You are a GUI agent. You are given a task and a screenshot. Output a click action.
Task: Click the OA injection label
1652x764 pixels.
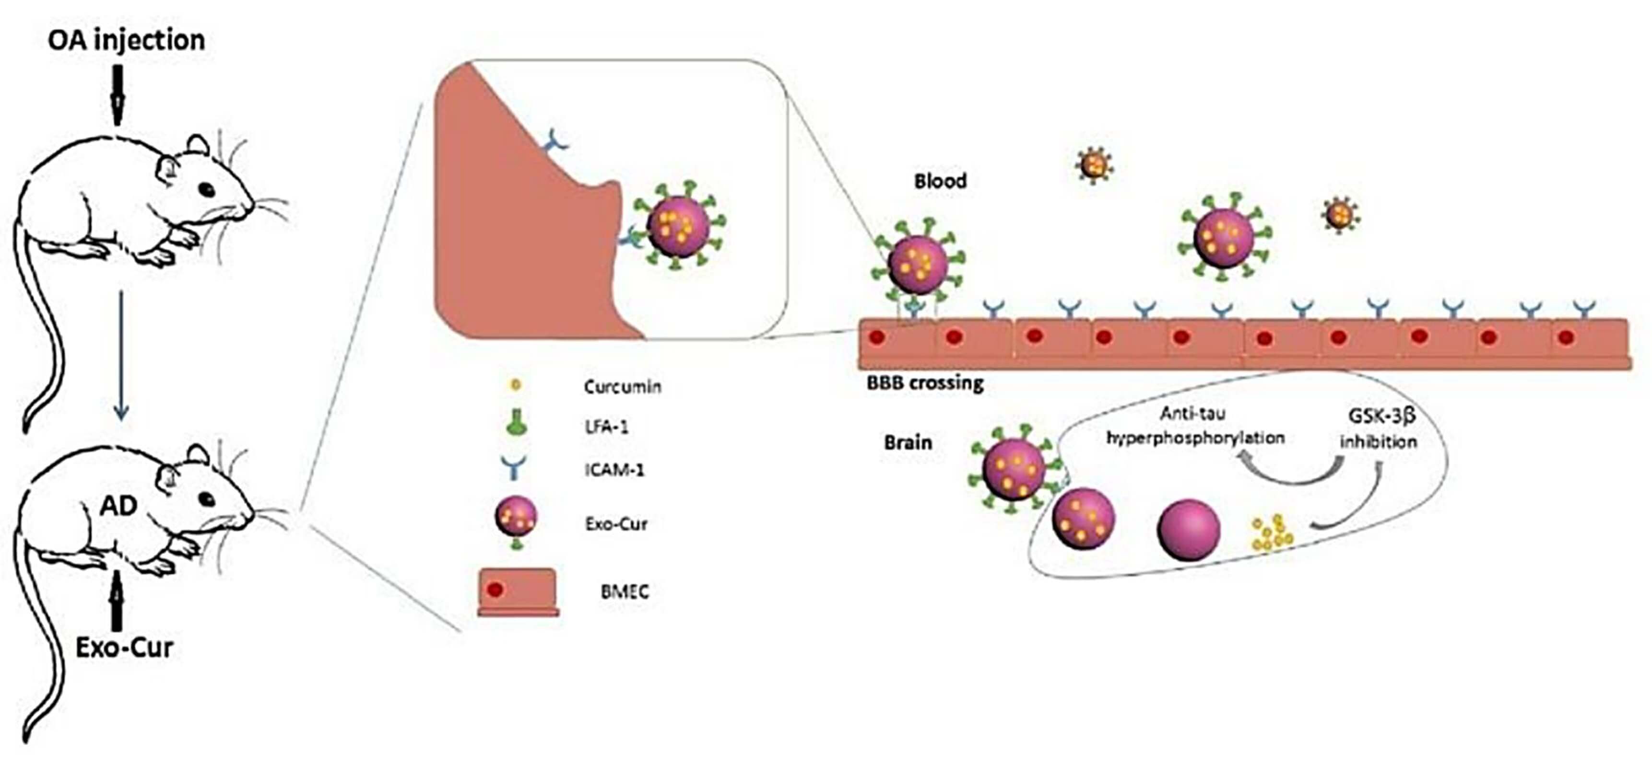pos(126,40)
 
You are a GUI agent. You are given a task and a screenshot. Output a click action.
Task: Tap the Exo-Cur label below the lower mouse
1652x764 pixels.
pos(124,648)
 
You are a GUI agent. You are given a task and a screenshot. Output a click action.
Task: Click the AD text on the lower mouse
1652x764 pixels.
pos(119,506)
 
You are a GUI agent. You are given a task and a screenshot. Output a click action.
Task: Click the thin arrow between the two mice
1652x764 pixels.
pos(120,356)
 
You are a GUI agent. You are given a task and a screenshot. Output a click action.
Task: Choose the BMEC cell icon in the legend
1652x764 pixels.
pos(518,592)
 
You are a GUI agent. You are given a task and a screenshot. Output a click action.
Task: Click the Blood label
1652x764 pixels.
pos(940,181)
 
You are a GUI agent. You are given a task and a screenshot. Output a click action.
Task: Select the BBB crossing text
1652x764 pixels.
pos(925,384)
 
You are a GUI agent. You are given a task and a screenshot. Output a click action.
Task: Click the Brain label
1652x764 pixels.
pos(908,443)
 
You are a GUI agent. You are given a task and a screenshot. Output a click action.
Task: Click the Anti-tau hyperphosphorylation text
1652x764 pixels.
pos(1196,426)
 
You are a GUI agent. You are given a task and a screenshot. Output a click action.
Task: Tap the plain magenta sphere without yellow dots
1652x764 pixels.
pos(1188,530)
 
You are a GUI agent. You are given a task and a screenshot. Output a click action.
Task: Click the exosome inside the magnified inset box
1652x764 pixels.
pos(678,226)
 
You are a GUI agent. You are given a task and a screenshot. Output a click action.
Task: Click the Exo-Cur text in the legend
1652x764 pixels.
pos(615,524)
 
